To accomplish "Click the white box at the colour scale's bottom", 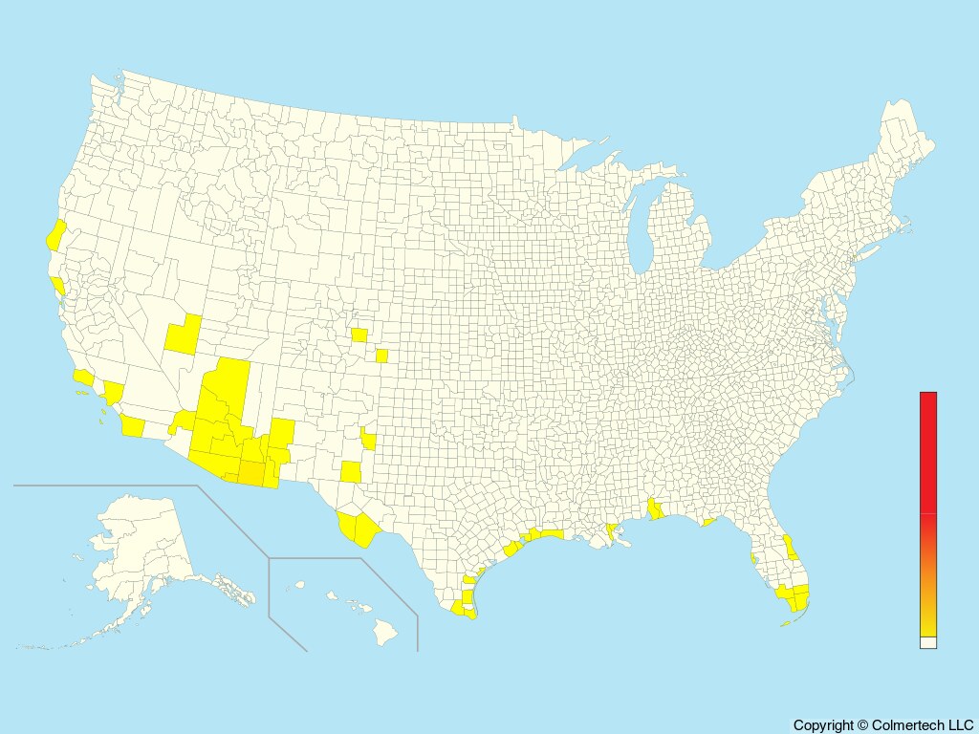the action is coord(927,643).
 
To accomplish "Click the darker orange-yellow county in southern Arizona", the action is coord(250,472).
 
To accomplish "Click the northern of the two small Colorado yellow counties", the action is coord(359,335).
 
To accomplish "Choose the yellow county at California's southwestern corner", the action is coord(132,426).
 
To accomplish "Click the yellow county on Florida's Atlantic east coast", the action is coord(791,548).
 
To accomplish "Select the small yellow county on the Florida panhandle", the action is coord(708,522).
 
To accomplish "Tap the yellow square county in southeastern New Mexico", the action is coord(352,472).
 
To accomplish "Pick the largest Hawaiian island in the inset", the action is coord(384,631).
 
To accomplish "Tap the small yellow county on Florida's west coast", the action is coord(753,556).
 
